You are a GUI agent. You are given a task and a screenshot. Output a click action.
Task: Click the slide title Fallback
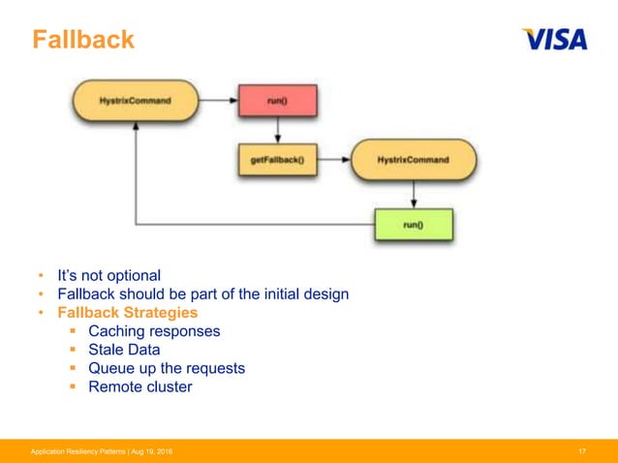[x=82, y=41]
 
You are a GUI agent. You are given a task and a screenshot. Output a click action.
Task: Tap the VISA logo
[x=554, y=40]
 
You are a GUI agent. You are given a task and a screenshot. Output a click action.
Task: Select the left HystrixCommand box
[x=135, y=100]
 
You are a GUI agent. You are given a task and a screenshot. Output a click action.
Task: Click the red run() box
[x=277, y=100]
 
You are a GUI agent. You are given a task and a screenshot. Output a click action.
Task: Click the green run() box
[x=414, y=225]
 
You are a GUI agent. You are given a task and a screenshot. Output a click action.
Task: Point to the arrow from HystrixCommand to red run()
[x=219, y=100]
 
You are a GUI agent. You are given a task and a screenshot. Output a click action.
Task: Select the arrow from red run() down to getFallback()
[x=277, y=130]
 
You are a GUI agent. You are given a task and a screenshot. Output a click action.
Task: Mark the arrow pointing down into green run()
[x=414, y=197]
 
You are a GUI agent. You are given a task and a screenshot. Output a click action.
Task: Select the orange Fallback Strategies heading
[x=127, y=313]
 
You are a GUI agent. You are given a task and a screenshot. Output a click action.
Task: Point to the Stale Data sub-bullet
[x=124, y=350]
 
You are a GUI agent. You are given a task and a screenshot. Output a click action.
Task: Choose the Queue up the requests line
[x=167, y=368]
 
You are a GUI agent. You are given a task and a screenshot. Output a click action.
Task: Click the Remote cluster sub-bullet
[x=139, y=386]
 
